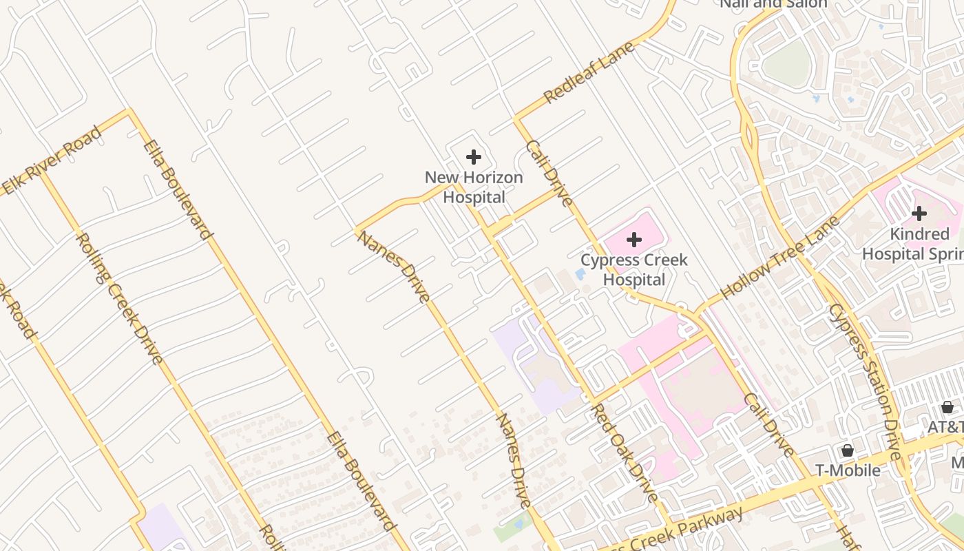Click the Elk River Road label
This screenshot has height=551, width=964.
tap(52, 160)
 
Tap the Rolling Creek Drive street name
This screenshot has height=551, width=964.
tap(120, 298)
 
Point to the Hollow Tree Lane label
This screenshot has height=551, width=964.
tap(780, 257)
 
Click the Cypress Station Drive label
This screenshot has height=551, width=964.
tap(866, 382)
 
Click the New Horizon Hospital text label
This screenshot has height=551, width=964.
tap(474, 187)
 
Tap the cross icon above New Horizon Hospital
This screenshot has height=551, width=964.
tap(474, 157)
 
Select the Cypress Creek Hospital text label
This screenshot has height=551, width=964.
tap(633, 270)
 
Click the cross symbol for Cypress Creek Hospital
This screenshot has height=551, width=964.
tap(634, 240)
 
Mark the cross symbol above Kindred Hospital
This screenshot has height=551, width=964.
tap(919, 214)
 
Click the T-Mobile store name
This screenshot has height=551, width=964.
tap(848, 470)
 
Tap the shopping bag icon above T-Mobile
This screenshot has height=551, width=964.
tap(848, 450)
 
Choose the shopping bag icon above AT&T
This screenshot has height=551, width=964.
tap(947, 406)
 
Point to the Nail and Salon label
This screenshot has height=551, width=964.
tap(773, 4)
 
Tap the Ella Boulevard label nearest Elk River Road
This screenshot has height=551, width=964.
tap(177, 189)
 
